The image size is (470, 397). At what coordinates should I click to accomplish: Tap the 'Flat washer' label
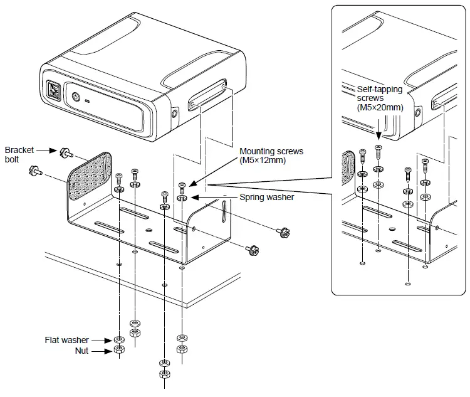66,341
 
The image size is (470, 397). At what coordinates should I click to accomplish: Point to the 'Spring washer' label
266,197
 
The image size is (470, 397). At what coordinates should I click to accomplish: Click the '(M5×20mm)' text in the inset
379,108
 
